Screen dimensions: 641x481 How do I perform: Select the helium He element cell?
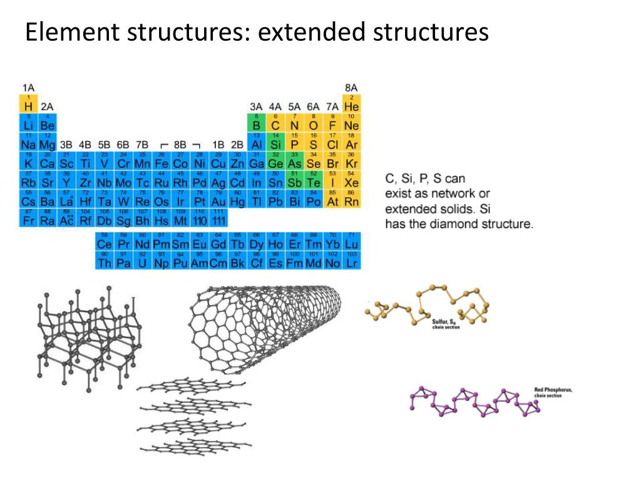coord(352,105)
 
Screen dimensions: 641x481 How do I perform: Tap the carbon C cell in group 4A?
coord(275,123)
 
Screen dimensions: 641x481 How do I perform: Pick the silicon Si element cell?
coord(275,143)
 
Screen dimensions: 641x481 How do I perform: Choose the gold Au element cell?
coord(218,200)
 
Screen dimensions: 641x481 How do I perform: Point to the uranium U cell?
coord(142,261)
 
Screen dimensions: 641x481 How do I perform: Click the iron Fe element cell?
coord(162,162)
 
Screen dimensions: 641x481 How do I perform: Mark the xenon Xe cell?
coord(352,181)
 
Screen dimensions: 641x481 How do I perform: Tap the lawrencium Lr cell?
coord(352,261)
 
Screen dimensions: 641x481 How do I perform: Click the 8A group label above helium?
coord(351,87)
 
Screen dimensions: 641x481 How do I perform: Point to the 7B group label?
coord(142,145)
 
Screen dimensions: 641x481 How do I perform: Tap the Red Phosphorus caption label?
coord(553,392)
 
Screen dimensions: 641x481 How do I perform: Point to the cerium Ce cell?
coord(104,242)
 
